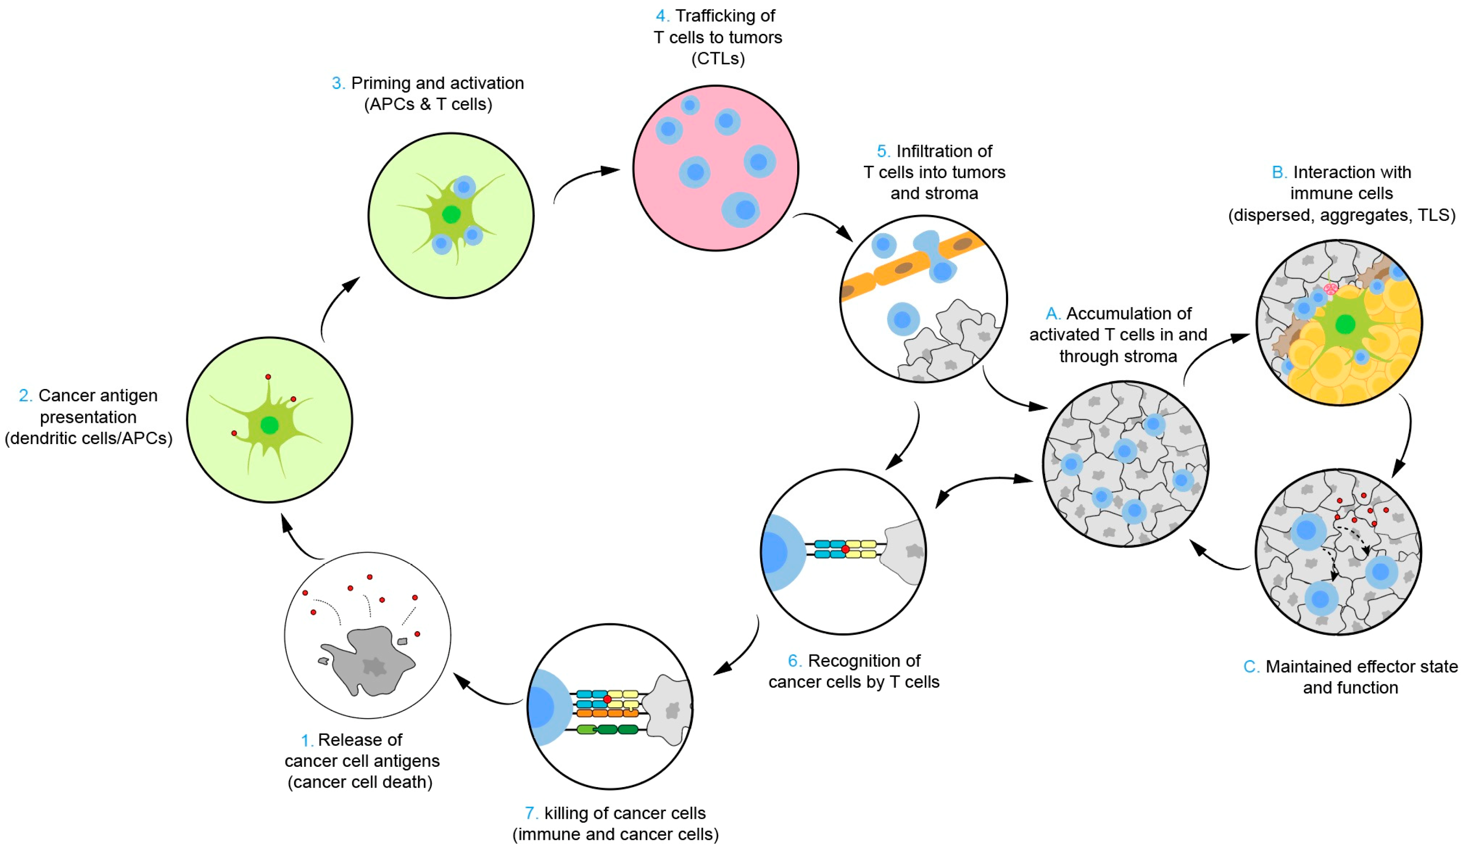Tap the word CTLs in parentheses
point(718,59)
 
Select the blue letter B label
point(1277,173)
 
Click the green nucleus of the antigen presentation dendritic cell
point(269,425)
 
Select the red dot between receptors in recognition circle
point(845,549)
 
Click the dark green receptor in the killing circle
point(608,729)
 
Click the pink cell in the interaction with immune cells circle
point(1331,288)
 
